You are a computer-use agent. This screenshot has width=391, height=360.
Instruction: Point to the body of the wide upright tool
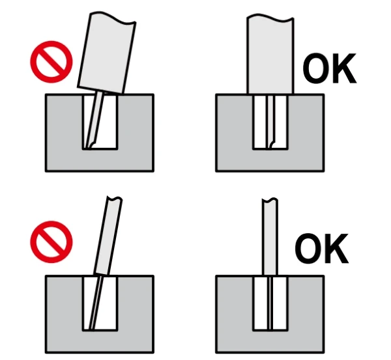click(x=270, y=52)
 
